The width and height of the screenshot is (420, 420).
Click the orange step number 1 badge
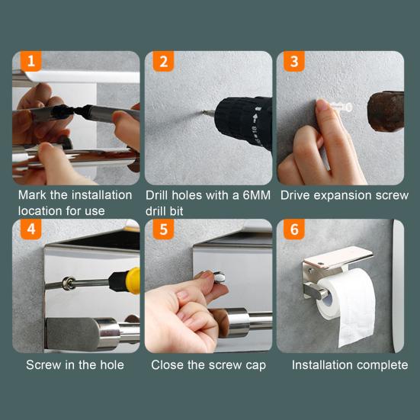(31, 61)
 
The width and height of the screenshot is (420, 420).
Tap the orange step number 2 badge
(163, 61)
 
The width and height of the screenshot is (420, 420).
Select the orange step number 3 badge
(294, 61)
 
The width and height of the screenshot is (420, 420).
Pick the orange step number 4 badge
(31, 229)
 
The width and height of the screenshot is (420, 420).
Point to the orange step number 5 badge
(163, 229)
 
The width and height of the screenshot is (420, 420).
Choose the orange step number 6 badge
(294, 229)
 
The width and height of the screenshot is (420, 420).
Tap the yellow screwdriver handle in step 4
(133, 281)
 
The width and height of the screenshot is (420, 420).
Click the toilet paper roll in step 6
(347, 306)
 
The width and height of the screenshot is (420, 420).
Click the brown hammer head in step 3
(386, 111)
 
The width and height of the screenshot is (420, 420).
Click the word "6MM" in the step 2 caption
(256, 195)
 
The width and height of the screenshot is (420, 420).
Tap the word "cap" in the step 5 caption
(256, 366)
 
